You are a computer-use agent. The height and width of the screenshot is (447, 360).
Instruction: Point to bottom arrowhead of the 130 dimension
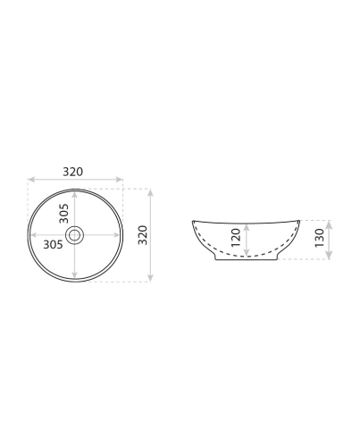click(x=330, y=259)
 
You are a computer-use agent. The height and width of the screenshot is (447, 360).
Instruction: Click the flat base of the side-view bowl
click(x=247, y=261)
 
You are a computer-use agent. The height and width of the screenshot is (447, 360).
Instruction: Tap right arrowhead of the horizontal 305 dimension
click(x=120, y=235)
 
